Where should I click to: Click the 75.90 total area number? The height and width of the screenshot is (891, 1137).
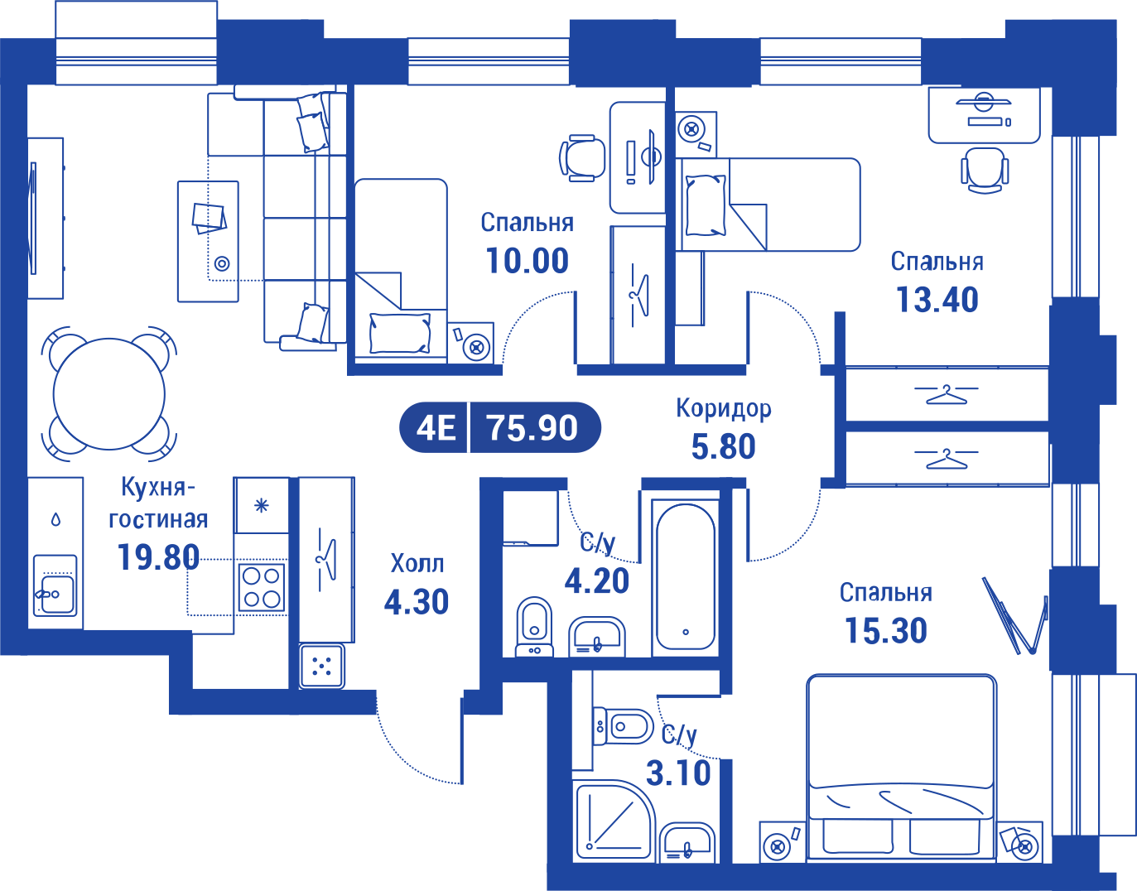pyautogui.click(x=532, y=427)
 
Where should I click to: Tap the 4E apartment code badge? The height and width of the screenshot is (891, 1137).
pyautogui.click(x=436, y=427)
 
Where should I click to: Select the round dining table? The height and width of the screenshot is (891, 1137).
pyautogui.click(x=109, y=394)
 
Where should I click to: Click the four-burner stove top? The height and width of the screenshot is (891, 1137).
pyautogui.click(x=262, y=588)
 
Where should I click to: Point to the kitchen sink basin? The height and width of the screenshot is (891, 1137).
pyautogui.click(x=55, y=593)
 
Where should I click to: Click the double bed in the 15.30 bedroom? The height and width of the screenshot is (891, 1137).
pyautogui.click(x=901, y=767)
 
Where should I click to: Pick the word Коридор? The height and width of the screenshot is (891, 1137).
pyautogui.click(x=724, y=408)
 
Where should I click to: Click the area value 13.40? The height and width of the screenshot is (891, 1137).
pyautogui.click(x=937, y=300)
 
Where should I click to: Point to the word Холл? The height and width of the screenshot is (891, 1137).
pyautogui.click(x=417, y=563)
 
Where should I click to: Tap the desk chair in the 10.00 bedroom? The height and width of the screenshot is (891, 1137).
pyautogui.click(x=582, y=157)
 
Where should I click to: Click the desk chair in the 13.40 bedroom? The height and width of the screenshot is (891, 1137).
pyautogui.click(x=985, y=170)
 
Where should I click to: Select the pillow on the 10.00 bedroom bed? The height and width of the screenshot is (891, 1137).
pyautogui.click(x=400, y=333)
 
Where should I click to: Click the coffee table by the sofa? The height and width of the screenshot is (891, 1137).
pyautogui.click(x=208, y=241)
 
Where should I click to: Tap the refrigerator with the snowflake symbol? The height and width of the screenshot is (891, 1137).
pyautogui.click(x=261, y=505)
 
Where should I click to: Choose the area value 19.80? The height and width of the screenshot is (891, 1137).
pyautogui.click(x=158, y=557)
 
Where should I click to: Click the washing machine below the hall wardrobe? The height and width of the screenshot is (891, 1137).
pyautogui.click(x=322, y=666)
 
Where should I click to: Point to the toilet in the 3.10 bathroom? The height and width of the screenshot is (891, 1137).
pyautogui.click(x=623, y=727)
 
